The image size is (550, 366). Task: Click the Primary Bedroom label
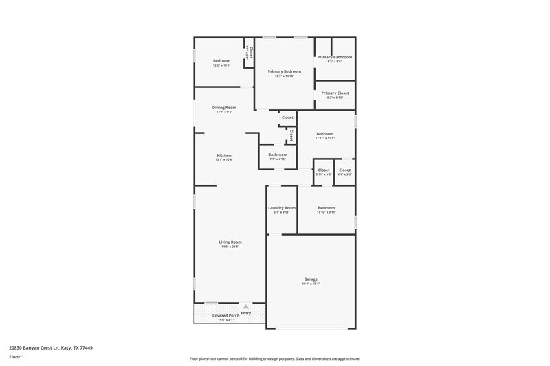click(x=285, y=71)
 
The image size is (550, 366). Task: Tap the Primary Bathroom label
click(x=335, y=57)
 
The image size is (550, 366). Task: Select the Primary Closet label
click(x=335, y=93)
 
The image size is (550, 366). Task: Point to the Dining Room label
click(x=224, y=107)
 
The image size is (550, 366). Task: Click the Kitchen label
click(x=224, y=155)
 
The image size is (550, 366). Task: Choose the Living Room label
click(x=230, y=242)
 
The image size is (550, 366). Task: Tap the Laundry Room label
click(x=281, y=207)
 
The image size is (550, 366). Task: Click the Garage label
click(x=311, y=279)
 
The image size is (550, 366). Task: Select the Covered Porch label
click(x=225, y=316)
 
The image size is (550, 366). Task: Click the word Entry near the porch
click(x=245, y=314)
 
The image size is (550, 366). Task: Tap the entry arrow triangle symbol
click(x=245, y=307)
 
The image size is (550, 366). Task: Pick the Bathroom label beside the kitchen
click(x=278, y=155)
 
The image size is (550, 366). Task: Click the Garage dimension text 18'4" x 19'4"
click(x=311, y=284)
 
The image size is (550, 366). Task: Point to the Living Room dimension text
click(x=230, y=247)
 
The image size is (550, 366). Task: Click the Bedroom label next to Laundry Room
click(x=326, y=207)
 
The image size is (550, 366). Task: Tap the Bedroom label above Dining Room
click(x=221, y=60)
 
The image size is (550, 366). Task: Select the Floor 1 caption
click(x=16, y=358)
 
